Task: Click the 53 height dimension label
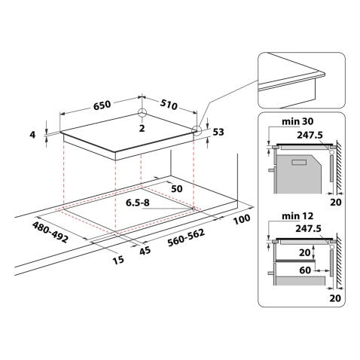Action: point(218,133)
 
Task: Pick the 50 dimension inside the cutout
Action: point(178,188)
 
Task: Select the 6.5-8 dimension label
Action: point(140,203)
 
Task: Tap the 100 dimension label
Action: point(241,220)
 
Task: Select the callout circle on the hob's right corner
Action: point(197,130)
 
